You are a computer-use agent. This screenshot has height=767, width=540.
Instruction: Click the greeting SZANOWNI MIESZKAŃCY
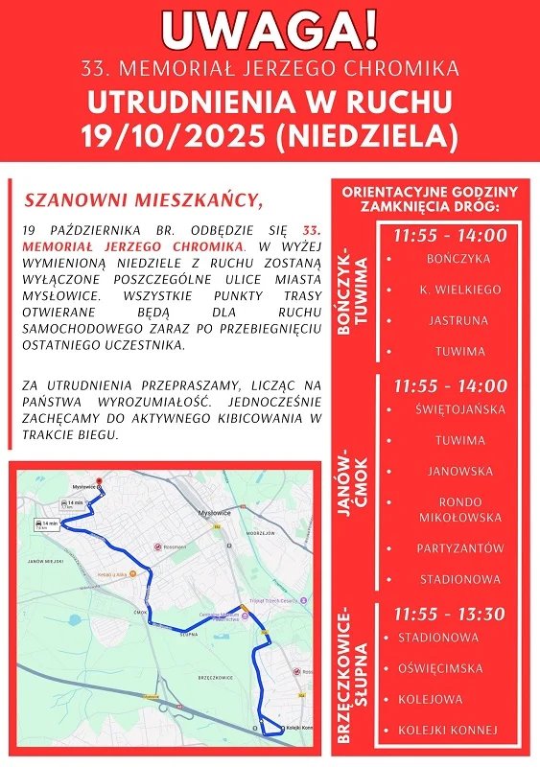143,201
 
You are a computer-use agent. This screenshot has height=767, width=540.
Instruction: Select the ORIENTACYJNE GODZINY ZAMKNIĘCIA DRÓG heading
430,199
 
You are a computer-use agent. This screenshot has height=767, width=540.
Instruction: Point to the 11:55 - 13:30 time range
449,614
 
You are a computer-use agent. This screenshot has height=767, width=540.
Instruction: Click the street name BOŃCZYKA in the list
458,259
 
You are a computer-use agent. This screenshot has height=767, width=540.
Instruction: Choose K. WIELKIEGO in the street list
459,290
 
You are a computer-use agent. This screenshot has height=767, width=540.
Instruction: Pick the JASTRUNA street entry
459,320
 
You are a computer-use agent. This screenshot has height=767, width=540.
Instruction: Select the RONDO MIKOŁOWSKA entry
459,509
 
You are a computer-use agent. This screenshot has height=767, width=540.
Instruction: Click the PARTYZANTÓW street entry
459,548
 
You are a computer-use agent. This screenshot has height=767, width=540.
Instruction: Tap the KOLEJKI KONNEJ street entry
448,731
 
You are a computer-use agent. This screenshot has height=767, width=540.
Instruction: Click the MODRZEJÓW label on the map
260,532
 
